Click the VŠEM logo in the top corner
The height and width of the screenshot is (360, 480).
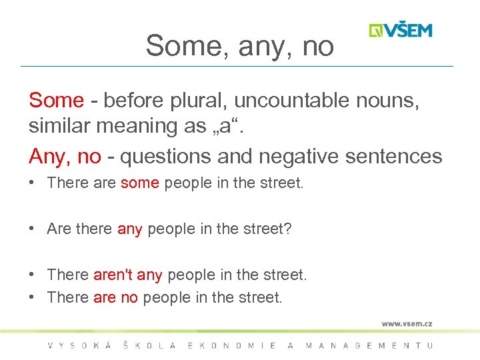click(401, 30)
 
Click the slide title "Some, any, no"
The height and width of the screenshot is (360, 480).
click(239, 45)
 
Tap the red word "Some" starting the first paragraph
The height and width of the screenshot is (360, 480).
click(56, 100)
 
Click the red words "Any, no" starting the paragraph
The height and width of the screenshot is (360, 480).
click(65, 156)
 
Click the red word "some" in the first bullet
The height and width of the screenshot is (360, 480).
click(139, 183)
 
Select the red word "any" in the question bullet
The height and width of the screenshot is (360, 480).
click(129, 229)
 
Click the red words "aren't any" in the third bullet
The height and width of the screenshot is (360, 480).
click(127, 274)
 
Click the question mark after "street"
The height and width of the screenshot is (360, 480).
click(288, 229)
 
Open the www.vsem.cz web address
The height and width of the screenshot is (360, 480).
click(407, 323)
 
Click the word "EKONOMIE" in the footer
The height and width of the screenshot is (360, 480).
click(233, 345)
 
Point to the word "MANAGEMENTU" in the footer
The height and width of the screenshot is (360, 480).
click(369, 345)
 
